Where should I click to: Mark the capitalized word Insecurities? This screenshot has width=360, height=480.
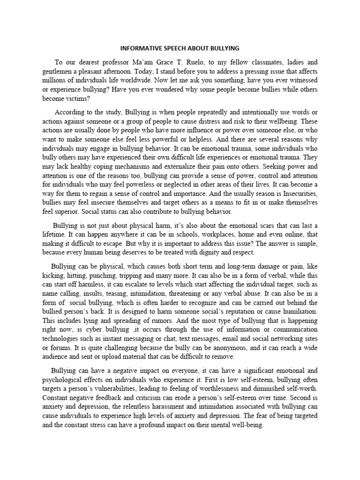293,193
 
